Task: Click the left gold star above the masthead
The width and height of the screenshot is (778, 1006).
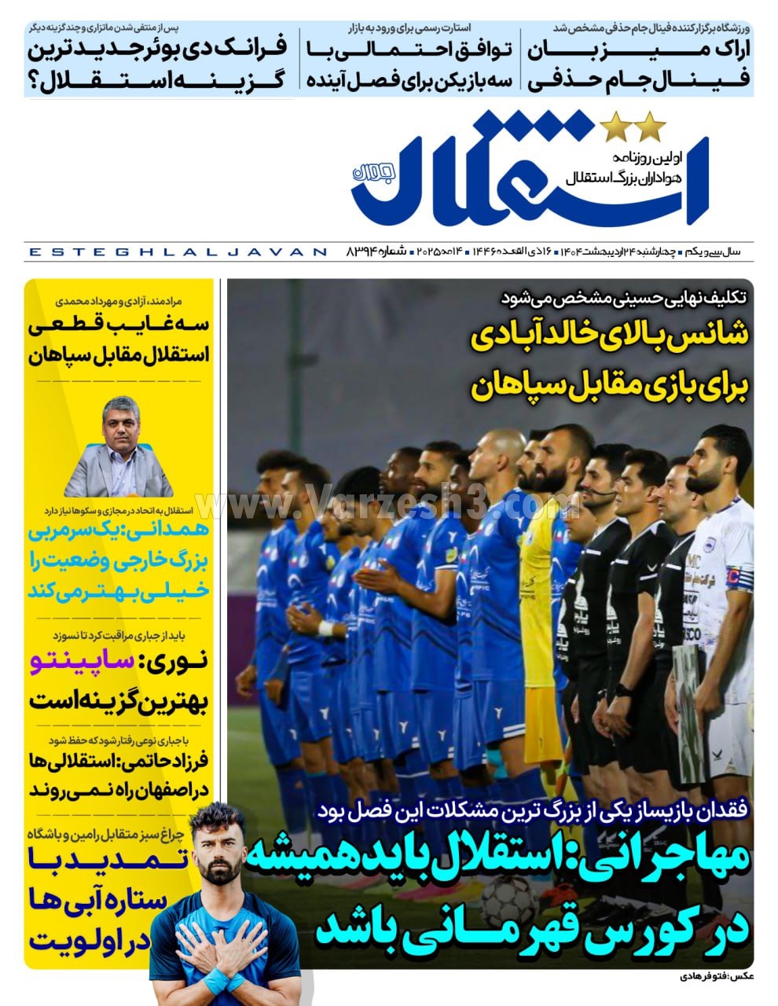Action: [615, 127]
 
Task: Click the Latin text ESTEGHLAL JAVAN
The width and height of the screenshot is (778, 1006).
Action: [177, 252]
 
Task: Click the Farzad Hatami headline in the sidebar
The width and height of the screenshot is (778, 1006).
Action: [118, 775]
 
